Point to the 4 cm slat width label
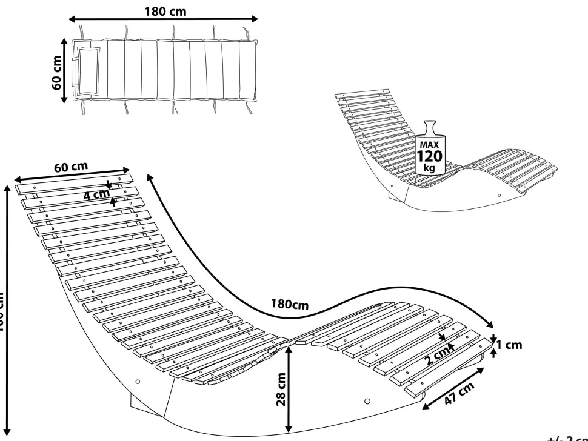coord(97,196)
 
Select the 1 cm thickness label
coord(509,345)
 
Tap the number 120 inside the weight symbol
coord(429,156)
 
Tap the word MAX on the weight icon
coord(429,145)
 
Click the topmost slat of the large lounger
coord(73,183)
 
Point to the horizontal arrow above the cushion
coord(165,21)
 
